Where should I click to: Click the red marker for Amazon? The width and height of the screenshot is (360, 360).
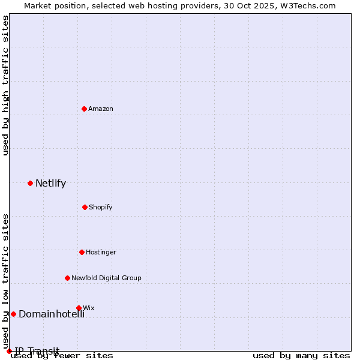85,109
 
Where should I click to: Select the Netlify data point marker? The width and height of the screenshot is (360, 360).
30,183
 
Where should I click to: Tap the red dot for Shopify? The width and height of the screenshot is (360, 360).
85,207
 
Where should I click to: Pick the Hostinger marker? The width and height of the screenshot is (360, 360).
82,252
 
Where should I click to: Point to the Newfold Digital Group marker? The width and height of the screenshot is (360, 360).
67,278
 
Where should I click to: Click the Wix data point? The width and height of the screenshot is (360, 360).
79,308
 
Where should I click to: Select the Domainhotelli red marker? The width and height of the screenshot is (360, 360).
13,314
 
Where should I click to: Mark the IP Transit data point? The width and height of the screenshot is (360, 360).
9,351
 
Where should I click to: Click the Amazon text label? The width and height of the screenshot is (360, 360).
101,109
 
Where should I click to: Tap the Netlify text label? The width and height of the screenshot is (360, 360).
50,183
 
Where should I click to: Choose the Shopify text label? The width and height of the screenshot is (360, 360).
101,207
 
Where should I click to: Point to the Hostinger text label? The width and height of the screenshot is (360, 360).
101,252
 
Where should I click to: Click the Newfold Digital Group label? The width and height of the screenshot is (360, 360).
106,278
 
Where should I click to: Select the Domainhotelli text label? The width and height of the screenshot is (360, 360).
52,314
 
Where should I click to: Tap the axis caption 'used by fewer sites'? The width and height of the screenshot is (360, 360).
62,355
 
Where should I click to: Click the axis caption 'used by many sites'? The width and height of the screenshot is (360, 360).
301,355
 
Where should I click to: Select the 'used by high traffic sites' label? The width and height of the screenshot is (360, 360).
6,85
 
